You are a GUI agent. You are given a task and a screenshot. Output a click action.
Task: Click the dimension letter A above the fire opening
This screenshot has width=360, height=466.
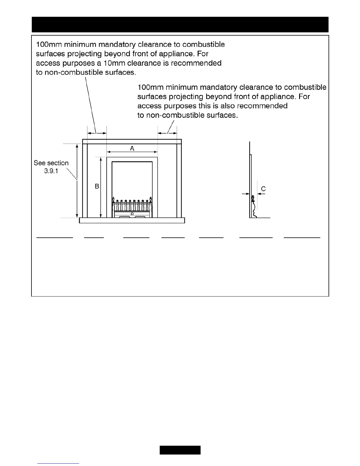tap(132, 148)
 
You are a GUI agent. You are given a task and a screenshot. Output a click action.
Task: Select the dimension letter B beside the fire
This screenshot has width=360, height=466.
tap(97, 186)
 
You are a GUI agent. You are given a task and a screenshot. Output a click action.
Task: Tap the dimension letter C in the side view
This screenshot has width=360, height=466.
tap(264, 189)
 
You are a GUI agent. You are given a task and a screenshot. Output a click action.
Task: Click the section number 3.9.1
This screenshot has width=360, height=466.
tap(51, 171)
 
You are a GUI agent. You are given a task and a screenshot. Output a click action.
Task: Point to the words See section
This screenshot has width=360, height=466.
tap(51, 163)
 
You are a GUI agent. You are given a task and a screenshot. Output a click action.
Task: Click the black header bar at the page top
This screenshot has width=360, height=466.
tap(180, 24)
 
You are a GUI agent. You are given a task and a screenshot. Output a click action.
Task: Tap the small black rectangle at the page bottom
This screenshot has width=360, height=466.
tap(180, 450)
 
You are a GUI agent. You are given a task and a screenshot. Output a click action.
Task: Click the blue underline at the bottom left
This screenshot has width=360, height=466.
tap(59, 464)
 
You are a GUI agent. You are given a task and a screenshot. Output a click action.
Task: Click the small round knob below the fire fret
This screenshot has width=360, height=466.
tap(132, 213)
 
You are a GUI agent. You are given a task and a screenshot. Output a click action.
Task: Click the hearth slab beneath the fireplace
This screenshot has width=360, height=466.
tap(132, 220)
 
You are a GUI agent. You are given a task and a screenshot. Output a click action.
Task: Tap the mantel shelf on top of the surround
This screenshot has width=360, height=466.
tap(132, 142)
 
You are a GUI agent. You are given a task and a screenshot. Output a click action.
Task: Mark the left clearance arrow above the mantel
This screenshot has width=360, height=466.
tap(97, 133)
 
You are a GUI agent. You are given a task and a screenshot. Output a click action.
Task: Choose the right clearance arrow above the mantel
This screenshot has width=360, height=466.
tap(167, 133)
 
